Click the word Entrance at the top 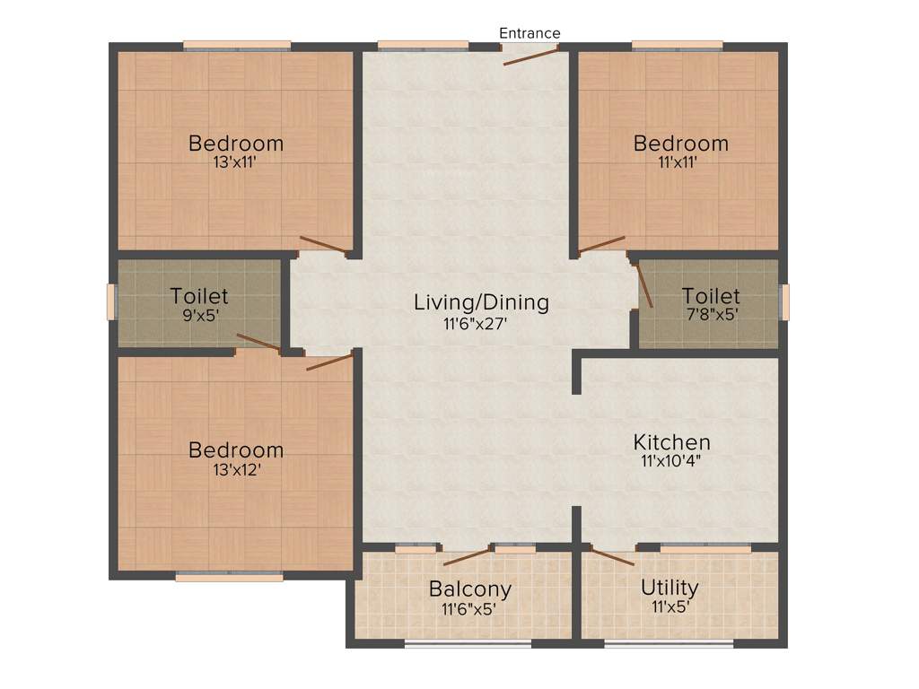(x=530, y=33)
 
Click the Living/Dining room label (x=481, y=302)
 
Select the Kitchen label (x=671, y=442)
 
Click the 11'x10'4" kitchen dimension (x=671, y=462)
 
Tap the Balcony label (x=469, y=589)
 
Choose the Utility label (x=670, y=588)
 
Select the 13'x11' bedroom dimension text (x=236, y=162)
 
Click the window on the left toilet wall (x=112, y=301)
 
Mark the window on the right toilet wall (x=784, y=301)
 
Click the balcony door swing (x=467, y=556)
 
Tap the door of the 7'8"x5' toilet (x=644, y=285)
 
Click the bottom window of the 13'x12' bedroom (x=229, y=577)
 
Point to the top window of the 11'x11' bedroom (x=677, y=45)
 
